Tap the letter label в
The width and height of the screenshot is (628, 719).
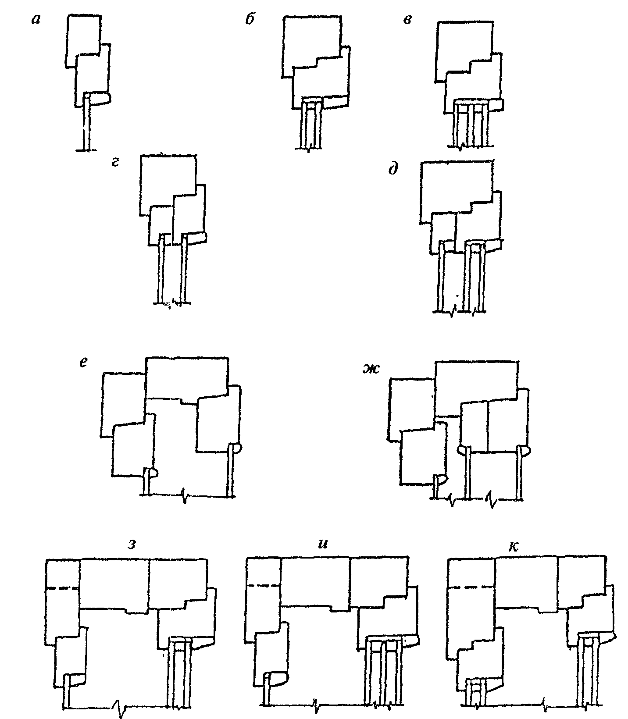407,20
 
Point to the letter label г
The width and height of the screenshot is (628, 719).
116,164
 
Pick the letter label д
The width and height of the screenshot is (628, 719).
393,169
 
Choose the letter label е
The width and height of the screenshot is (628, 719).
85,363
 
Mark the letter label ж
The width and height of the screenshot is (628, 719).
369,370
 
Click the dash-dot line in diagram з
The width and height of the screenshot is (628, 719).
63,588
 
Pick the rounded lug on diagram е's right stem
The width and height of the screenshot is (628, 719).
235,449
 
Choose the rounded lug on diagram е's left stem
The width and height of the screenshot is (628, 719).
152,473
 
